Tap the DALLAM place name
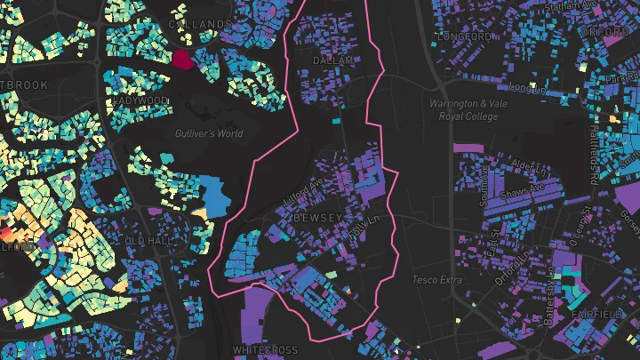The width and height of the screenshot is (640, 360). (333, 60)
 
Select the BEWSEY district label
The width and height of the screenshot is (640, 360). (316, 218)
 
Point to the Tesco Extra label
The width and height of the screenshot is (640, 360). (437, 280)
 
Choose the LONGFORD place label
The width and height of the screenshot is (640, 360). (464, 36)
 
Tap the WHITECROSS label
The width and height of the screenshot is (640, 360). (265, 350)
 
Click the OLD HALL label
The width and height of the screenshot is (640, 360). (147, 241)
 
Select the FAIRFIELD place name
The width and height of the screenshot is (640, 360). (597, 315)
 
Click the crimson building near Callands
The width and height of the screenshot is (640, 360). (182, 60)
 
